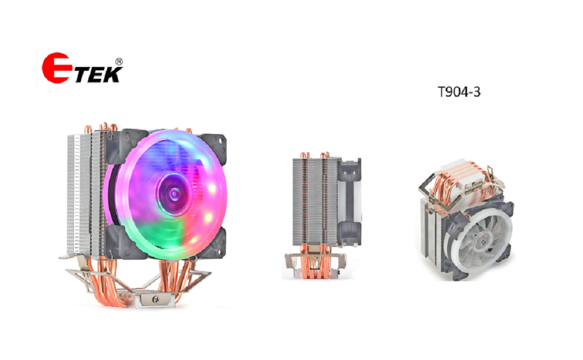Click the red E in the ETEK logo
tap(56, 68)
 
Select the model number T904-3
tap(459, 92)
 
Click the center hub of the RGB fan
tap(174, 194)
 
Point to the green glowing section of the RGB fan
tap(163, 236)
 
